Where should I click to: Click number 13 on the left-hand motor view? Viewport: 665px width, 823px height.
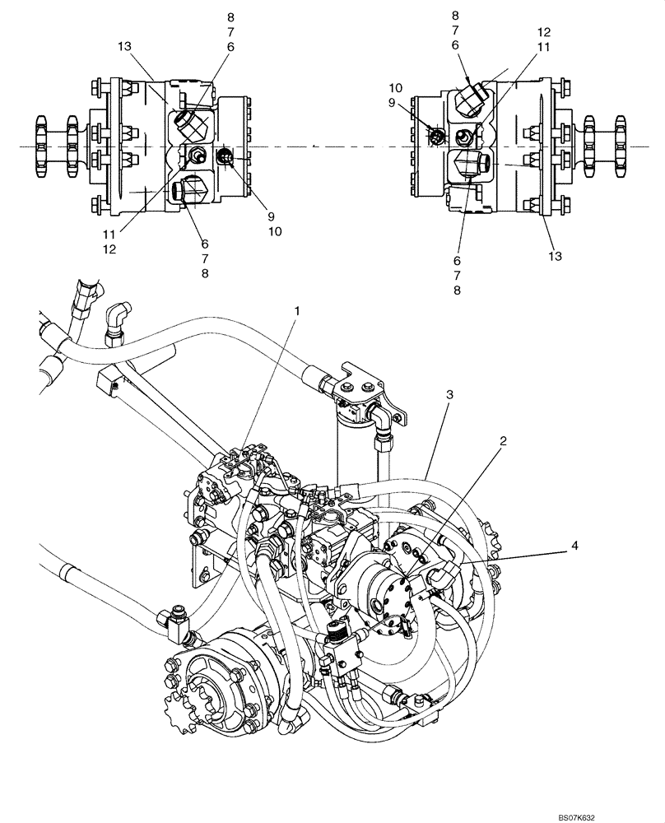pyautogui.click(x=125, y=48)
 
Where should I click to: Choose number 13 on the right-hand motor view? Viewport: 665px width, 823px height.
pyautogui.click(x=555, y=256)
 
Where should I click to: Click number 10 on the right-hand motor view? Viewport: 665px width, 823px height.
pyautogui.click(x=418, y=87)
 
